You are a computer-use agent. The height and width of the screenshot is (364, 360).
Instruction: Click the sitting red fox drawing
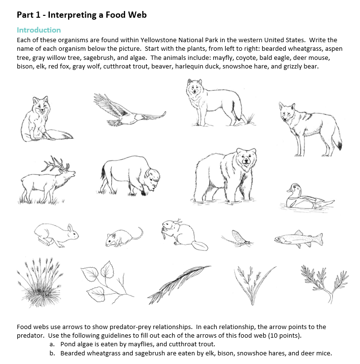[43, 120]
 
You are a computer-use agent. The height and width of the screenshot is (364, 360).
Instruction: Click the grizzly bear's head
[245, 163]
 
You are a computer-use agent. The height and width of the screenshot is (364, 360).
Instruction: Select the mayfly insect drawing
[237, 238]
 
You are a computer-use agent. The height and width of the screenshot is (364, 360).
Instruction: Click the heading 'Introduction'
[39, 30]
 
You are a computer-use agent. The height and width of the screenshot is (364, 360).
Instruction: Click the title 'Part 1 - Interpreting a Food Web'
[81, 14]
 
